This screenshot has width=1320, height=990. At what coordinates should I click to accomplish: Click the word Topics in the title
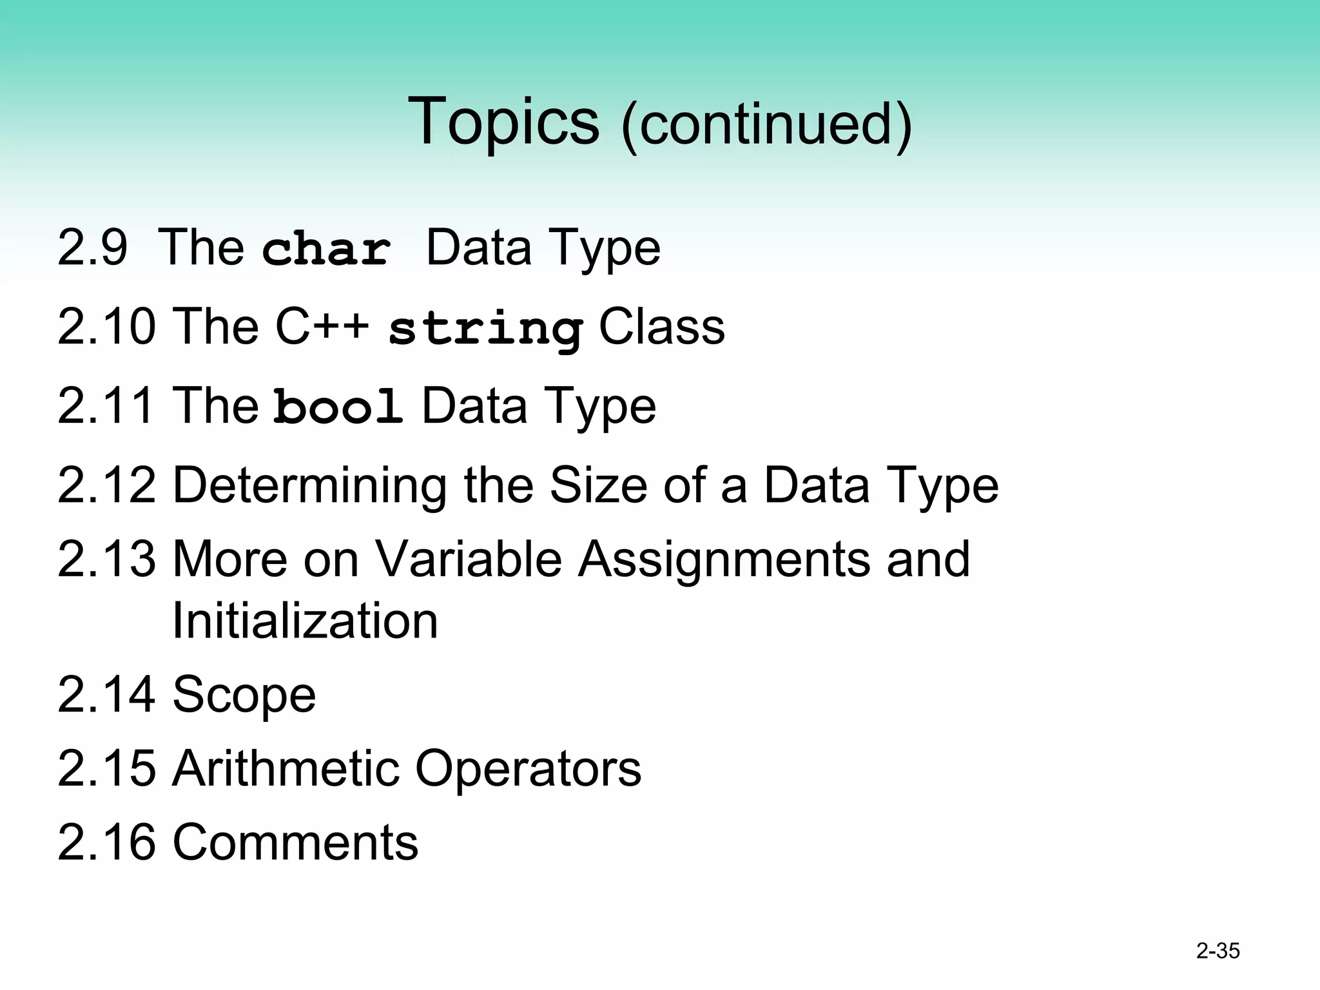tap(503, 121)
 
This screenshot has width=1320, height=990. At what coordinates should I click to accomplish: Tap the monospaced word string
tap(486, 328)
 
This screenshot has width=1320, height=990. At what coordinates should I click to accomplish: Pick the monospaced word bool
tap(338, 407)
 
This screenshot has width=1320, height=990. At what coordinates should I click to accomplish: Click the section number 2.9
tap(92, 247)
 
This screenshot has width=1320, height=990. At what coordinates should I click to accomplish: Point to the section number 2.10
tap(106, 327)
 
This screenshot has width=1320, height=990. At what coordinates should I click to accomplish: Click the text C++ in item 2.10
tap(322, 327)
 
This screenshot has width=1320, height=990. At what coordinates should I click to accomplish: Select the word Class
tap(661, 327)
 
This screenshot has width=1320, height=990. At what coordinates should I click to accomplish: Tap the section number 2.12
tap(106, 485)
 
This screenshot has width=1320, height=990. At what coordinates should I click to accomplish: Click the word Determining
tap(309, 485)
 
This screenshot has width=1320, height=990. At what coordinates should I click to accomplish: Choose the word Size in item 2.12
tap(597, 485)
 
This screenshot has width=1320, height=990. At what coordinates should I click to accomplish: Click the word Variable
tap(468, 559)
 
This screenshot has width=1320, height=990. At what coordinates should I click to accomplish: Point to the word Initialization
tap(305, 621)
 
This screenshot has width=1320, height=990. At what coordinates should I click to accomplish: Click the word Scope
tap(244, 695)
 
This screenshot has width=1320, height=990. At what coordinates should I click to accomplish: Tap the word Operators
tap(528, 768)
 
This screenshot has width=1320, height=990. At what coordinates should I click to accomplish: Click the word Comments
tap(295, 842)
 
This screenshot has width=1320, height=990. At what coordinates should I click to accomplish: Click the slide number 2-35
tap(1218, 951)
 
